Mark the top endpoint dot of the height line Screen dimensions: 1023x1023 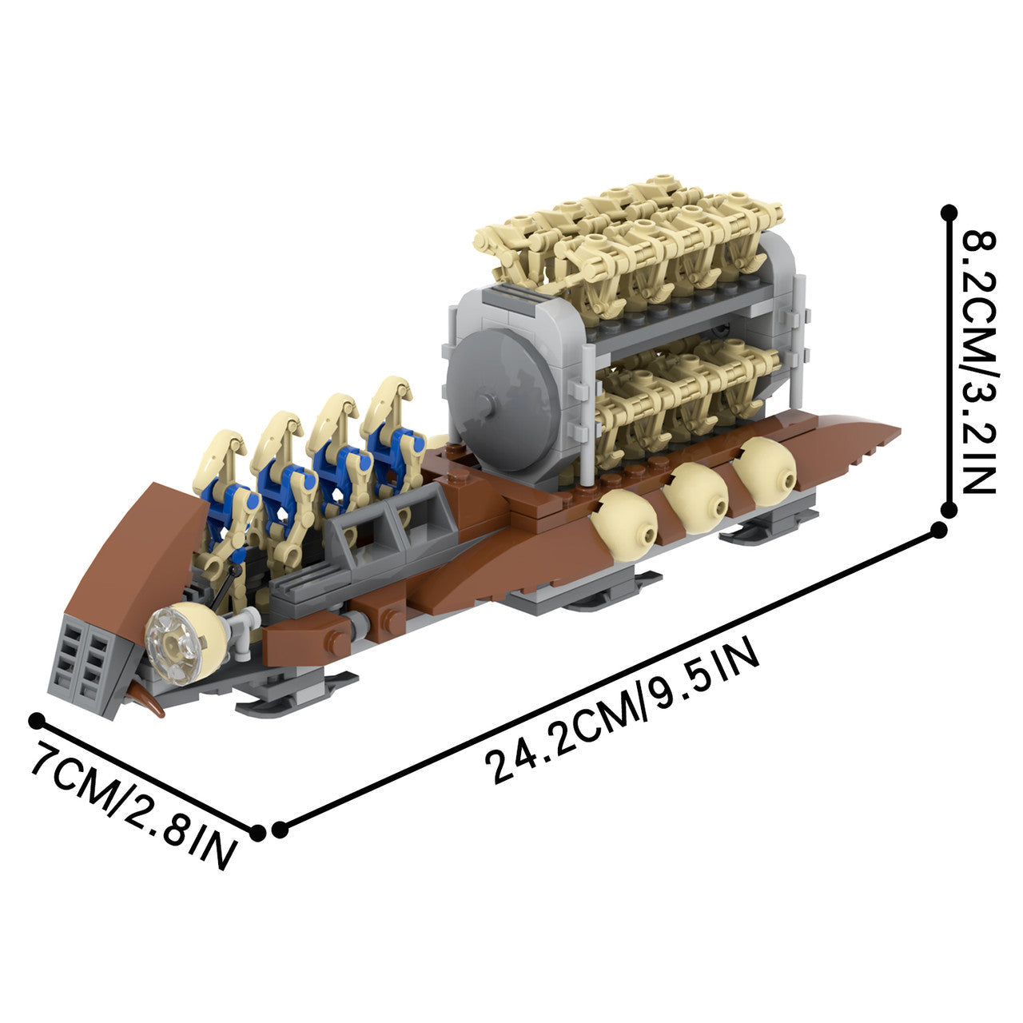(x=949, y=213)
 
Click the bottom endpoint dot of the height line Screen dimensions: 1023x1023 (x=949, y=509)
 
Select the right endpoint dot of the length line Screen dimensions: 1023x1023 (x=940, y=530)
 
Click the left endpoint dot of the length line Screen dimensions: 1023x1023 (x=279, y=830)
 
